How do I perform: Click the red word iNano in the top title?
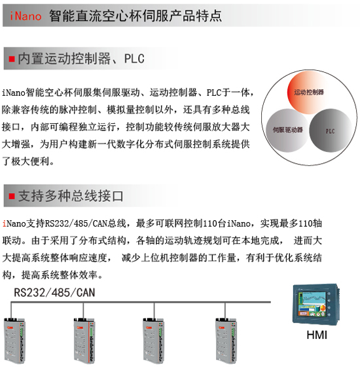(x=26, y=16)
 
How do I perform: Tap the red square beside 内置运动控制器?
(x=12, y=59)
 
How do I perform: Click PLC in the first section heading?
(x=134, y=58)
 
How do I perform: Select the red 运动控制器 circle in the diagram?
(x=308, y=92)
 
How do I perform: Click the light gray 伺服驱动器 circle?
(x=287, y=130)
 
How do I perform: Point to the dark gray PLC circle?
(x=331, y=130)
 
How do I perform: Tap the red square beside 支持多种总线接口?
(x=12, y=196)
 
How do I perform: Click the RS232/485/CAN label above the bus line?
(x=54, y=292)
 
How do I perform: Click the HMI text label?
(x=317, y=335)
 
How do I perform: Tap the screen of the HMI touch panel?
(x=312, y=304)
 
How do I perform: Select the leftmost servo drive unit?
(x=14, y=341)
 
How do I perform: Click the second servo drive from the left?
(x=84, y=341)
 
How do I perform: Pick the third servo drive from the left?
(x=153, y=341)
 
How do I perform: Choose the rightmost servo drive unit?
(x=226, y=341)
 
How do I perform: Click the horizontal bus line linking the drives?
(x=141, y=302)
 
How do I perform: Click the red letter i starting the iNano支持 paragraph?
(x=4, y=223)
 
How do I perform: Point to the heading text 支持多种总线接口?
(x=71, y=196)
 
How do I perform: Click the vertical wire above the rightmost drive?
(x=225, y=311)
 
